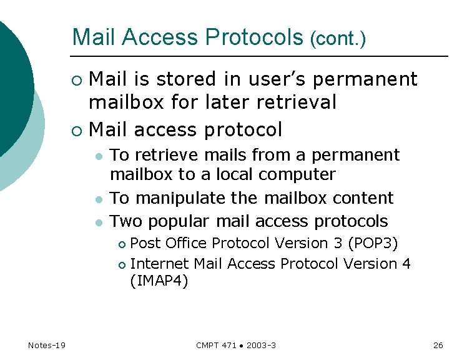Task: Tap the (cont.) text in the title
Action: tap(337, 39)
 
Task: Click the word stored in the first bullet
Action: tap(184, 79)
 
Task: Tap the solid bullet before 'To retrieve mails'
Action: tap(99, 156)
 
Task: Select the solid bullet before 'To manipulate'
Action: tap(99, 199)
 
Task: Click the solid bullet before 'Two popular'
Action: tap(99, 222)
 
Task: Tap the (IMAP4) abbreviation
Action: tap(159, 281)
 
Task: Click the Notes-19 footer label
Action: tap(47, 345)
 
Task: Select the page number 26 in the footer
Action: tap(438, 345)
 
